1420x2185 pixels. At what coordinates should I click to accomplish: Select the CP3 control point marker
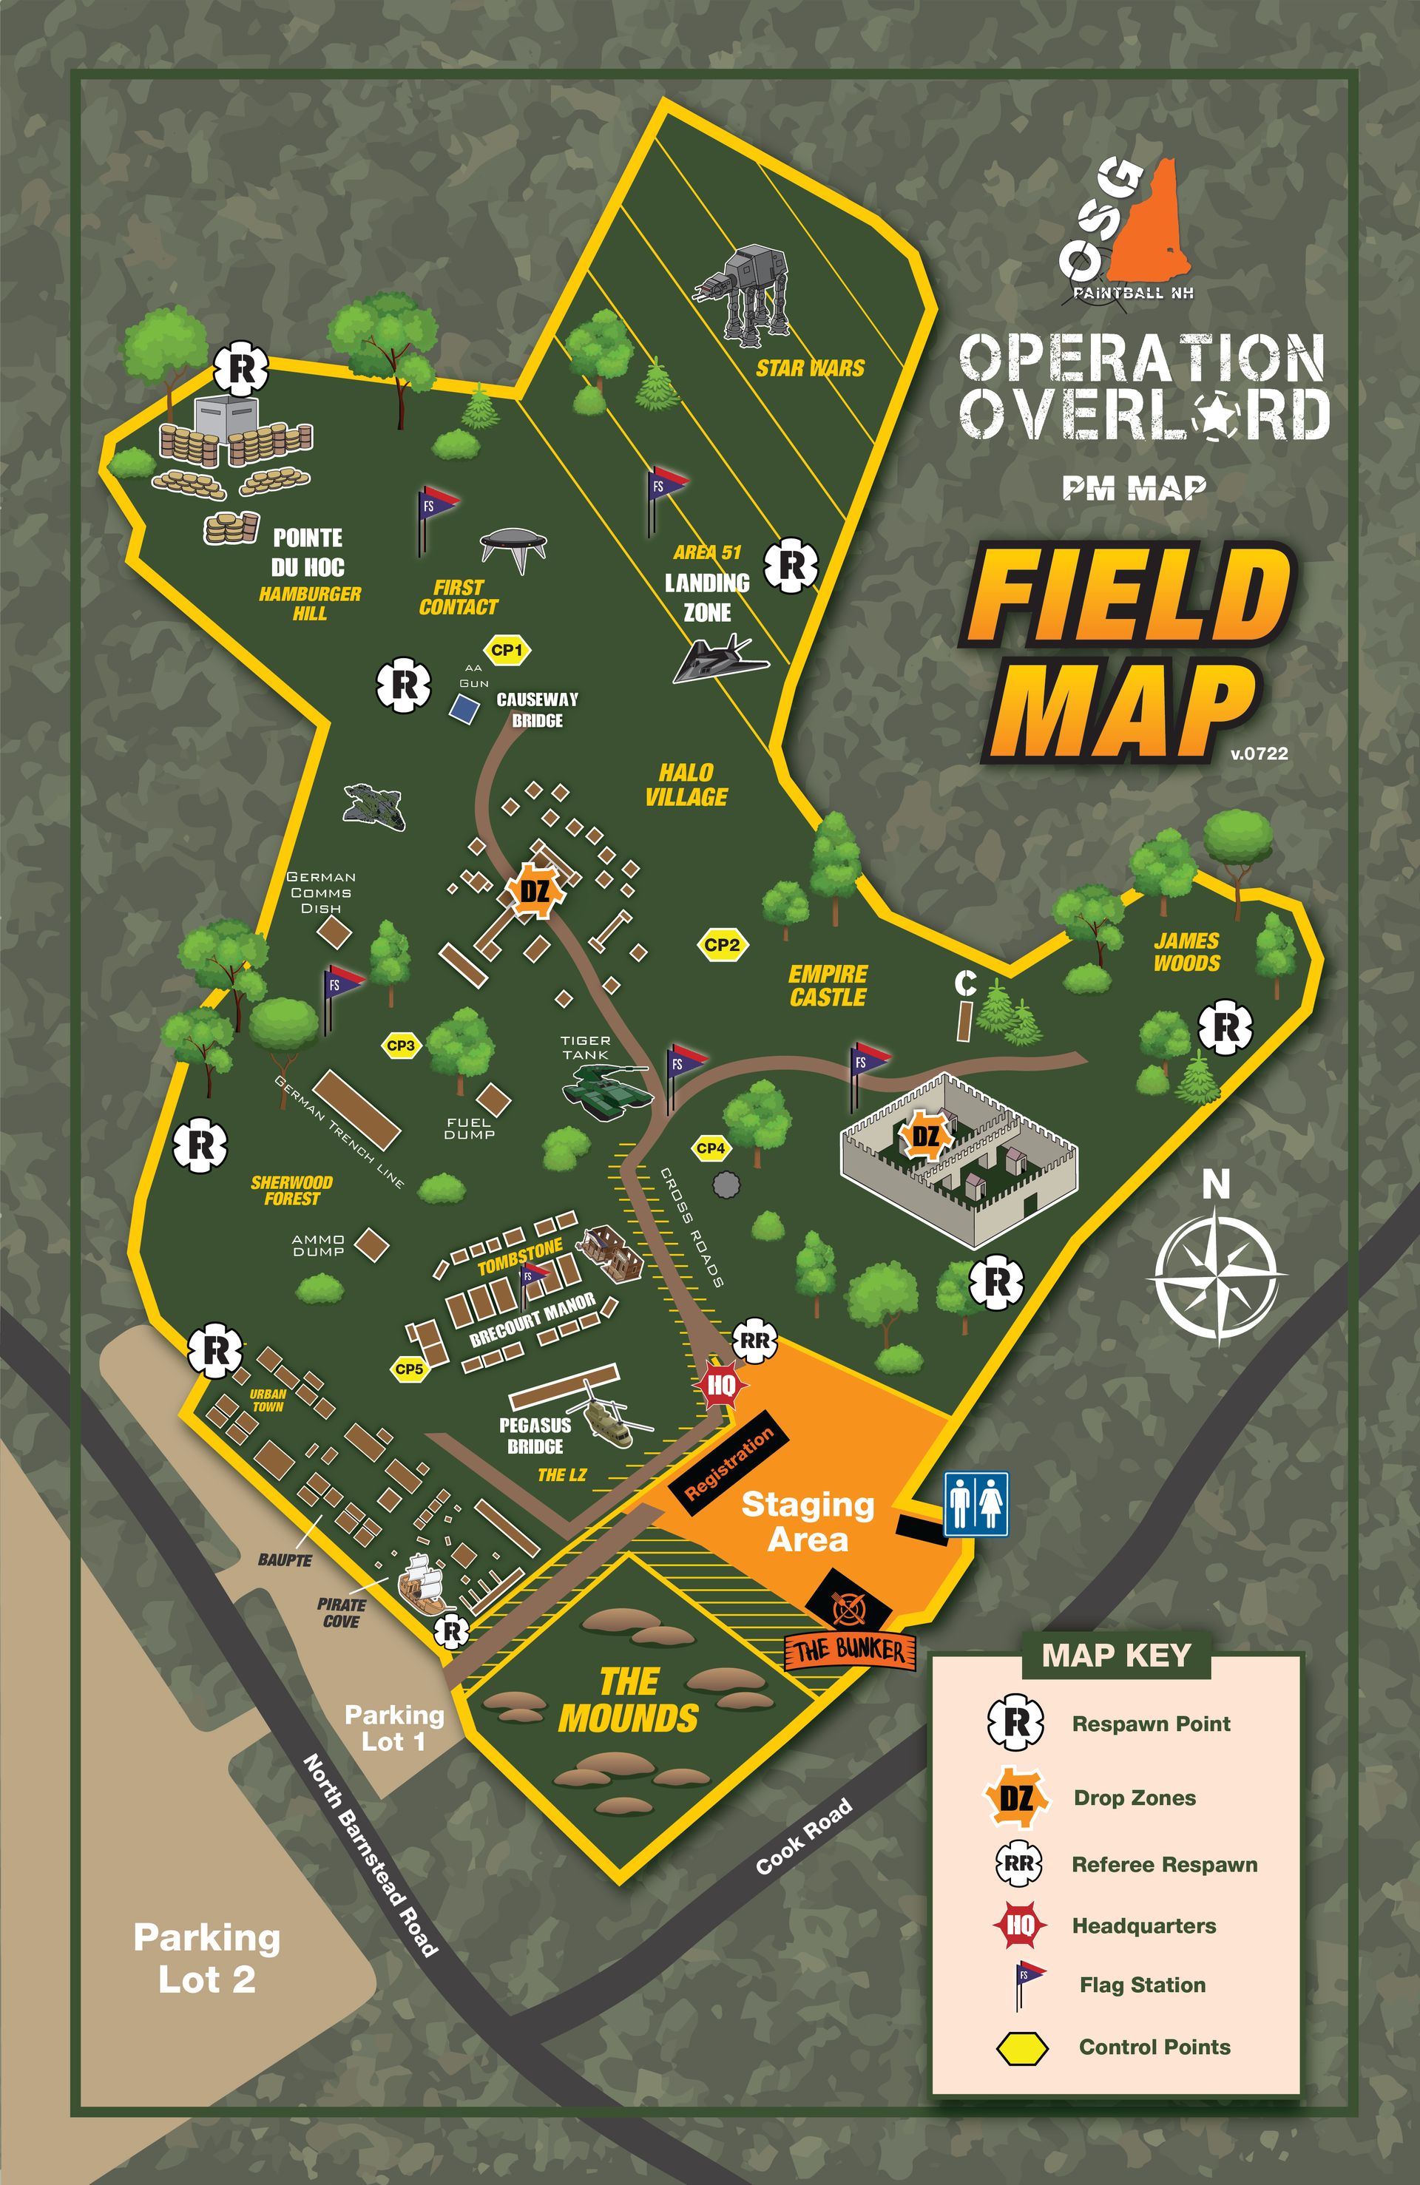pos(402,1045)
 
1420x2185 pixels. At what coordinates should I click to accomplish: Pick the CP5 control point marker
pos(409,1369)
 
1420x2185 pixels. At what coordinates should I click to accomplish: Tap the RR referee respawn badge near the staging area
pos(754,1341)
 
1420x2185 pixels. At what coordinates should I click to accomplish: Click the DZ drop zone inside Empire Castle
pos(925,1136)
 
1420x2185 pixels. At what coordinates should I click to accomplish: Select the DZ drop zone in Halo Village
pos(534,890)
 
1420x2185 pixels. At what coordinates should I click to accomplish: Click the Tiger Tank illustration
pos(606,1089)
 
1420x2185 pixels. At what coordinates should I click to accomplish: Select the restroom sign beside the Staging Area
pos(976,1504)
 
